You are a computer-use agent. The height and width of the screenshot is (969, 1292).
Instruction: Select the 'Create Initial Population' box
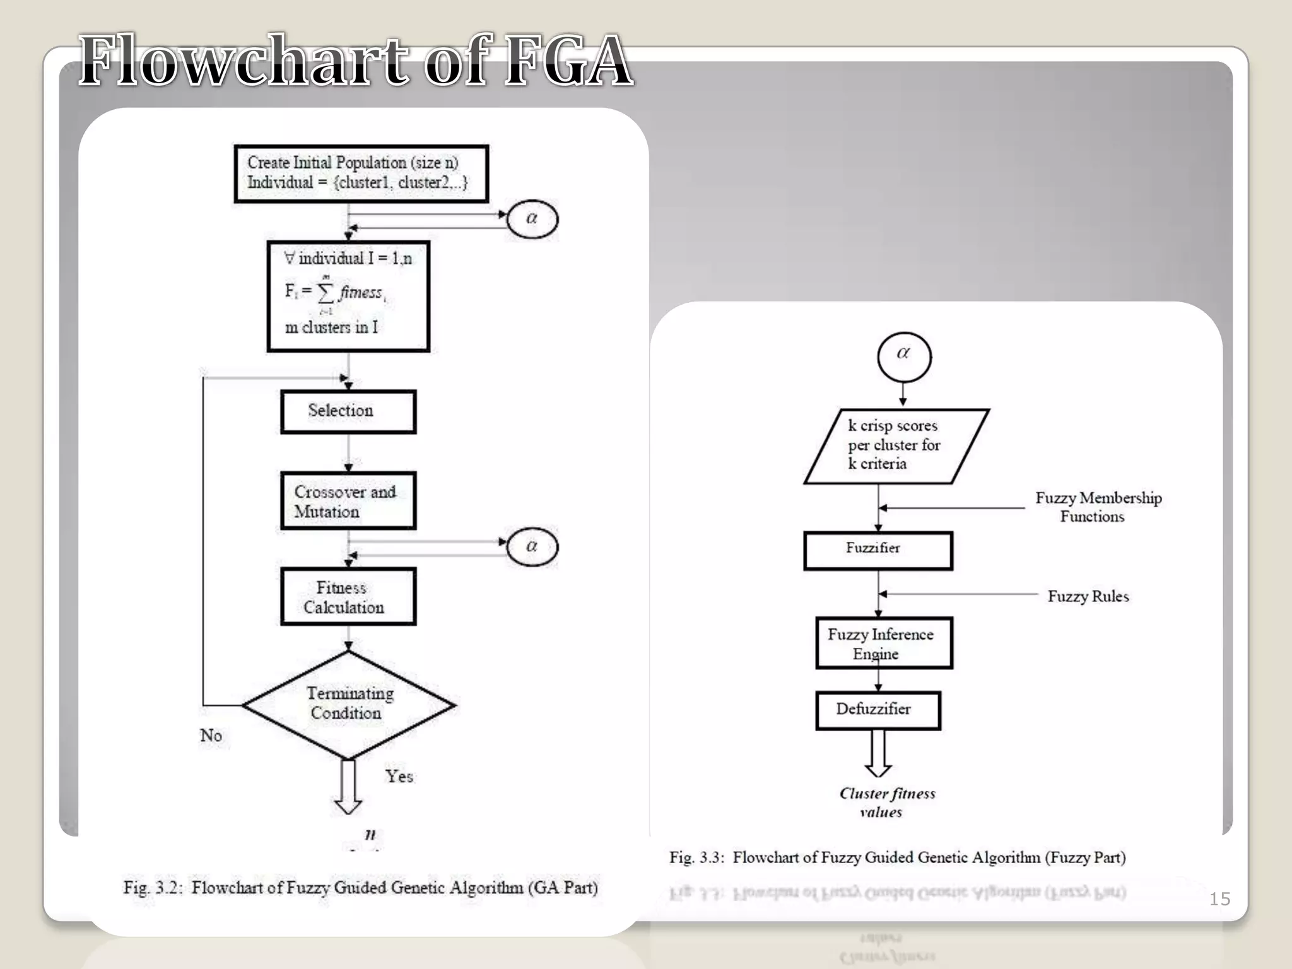tap(361, 173)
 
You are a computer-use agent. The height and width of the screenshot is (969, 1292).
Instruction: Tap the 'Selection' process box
tap(348, 411)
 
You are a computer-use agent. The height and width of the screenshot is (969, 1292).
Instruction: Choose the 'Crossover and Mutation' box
tap(348, 501)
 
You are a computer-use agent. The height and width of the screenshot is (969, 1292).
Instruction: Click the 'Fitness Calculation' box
tap(348, 597)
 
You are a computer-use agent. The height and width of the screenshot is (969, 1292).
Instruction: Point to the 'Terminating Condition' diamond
tap(349, 704)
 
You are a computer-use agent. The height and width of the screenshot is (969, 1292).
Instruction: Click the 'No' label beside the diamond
tap(211, 736)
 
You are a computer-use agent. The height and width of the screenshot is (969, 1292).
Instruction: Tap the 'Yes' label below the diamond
tap(399, 776)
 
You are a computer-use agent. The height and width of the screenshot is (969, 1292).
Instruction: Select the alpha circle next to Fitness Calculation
tap(532, 546)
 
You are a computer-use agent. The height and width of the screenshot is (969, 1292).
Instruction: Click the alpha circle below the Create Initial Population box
tap(532, 219)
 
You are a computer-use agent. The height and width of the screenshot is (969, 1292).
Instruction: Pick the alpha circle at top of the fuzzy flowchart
tap(903, 355)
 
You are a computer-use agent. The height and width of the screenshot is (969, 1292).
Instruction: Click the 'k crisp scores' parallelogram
tap(896, 445)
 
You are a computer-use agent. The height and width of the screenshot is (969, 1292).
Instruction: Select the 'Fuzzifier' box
tap(878, 550)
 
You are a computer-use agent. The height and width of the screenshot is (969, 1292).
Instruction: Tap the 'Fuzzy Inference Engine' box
tap(883, 643)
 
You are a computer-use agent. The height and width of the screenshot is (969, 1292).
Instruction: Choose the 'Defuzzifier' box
tap(878, 710)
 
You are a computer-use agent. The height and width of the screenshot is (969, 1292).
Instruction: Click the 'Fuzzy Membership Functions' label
tap(1098, 507)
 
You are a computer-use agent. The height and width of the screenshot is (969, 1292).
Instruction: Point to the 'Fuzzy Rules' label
tap(1088, 596)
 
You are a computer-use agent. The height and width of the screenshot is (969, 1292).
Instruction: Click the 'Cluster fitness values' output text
tap(886, 802)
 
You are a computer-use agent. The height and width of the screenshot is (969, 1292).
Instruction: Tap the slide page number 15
tap(1219, 899)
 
